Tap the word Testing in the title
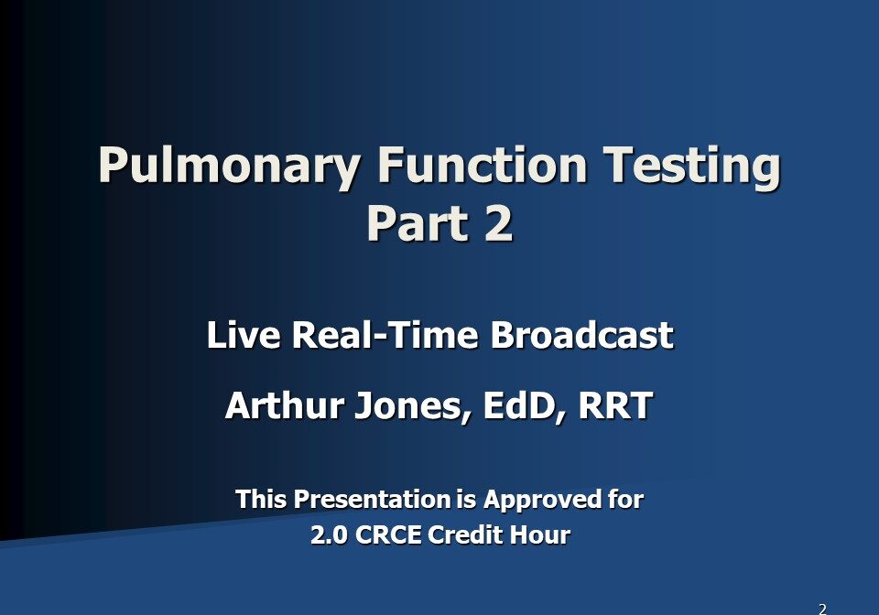click(695, 167)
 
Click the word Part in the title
click(411, 223)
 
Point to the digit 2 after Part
click(496, 223)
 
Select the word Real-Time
click(385, 335)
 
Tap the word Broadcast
click(582, 335)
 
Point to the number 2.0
click(329, 534)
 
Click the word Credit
click(475, 534)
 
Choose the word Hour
click(546, 534)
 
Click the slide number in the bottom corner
click(822, 609)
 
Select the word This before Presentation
click(259, 500)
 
